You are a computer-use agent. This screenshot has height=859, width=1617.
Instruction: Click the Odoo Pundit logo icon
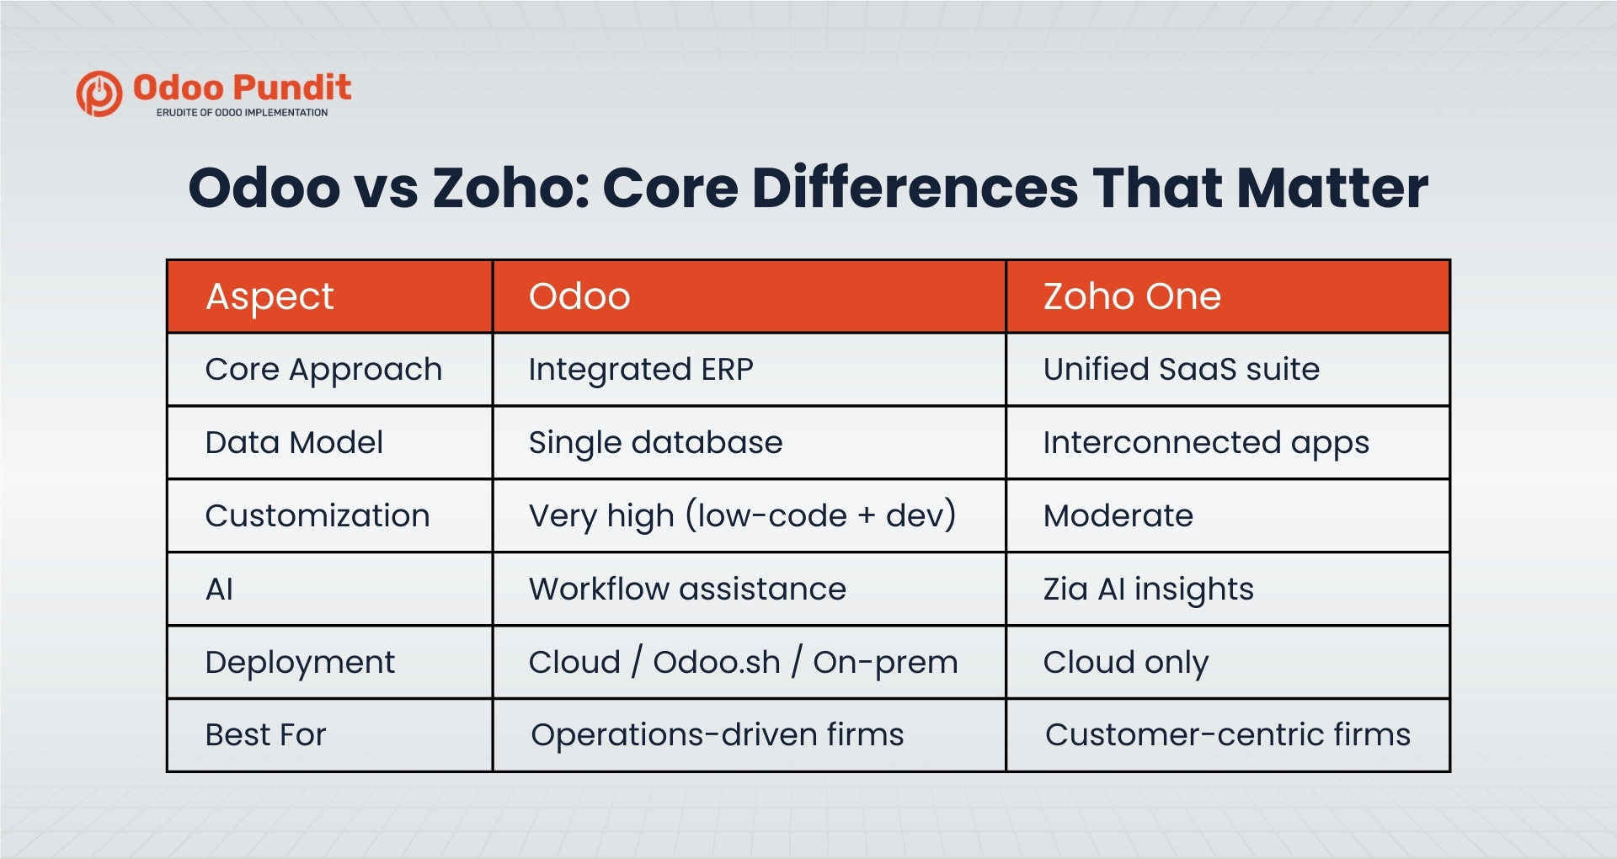point(99,93)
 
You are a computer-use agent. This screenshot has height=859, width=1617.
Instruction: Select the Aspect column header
point(269,296)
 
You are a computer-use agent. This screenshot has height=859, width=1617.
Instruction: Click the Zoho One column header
point(1132,296)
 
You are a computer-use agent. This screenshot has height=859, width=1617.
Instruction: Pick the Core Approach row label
point(323,370)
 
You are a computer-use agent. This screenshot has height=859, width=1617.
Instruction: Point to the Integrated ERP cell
point(641,370)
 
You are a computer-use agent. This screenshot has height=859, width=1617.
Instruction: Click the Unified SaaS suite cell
point(1181,370)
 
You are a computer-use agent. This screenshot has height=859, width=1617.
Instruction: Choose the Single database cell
point(655,443)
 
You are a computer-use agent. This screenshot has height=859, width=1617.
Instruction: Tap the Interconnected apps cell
point(1206,443)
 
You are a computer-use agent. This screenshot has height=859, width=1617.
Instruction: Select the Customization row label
point(318,516)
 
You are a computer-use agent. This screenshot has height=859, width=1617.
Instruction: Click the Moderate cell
point(1118,516)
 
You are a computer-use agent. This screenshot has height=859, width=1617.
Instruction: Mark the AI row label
point(220,590)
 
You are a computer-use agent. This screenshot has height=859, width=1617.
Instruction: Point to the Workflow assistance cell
point(687,590)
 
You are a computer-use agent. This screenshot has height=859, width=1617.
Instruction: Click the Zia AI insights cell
point(1148,590)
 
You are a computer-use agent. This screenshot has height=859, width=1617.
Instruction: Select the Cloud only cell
point(1125,663)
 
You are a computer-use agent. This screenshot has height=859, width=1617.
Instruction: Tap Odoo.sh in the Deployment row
point(717,663)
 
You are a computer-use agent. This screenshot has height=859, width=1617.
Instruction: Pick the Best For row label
point(265,735)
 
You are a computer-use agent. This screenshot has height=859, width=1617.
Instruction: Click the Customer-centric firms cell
point(1227,735)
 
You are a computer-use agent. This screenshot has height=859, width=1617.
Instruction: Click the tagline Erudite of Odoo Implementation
point(242,113)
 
